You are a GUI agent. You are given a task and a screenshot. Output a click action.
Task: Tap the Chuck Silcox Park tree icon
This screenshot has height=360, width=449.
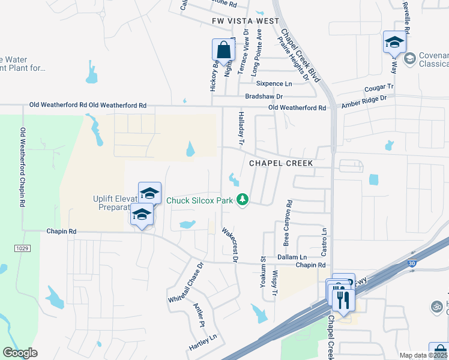243,199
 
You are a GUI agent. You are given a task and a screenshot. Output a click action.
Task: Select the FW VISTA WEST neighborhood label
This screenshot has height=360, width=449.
246,21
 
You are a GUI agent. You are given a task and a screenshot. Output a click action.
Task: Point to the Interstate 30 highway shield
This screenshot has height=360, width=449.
411,263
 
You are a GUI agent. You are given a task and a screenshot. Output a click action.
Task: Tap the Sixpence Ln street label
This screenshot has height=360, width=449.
276,83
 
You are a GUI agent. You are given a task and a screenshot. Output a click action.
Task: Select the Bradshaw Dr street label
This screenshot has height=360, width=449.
264,96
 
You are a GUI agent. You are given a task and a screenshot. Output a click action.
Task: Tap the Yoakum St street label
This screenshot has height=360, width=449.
263,272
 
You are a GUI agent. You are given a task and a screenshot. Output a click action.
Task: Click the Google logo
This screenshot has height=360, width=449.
20,353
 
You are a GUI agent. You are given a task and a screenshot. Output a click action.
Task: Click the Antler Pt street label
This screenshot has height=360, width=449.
199,314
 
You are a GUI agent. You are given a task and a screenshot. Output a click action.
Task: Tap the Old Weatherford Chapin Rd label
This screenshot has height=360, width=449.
23,167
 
